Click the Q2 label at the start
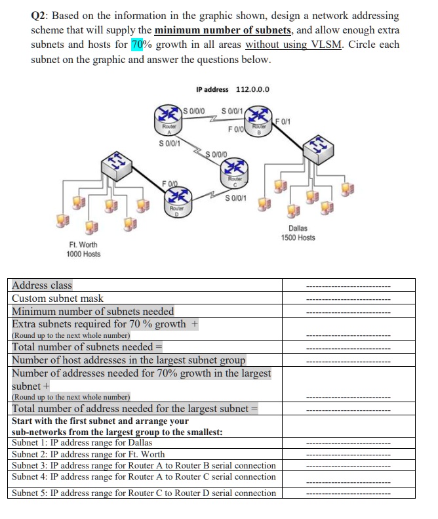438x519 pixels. coord(41,15)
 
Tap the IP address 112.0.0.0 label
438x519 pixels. coord(233,90)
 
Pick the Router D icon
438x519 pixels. coord(174,200)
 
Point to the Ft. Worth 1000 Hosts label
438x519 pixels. coord(83,249)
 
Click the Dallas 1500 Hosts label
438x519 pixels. coord(298,233)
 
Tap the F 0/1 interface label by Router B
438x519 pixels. coord(284,120)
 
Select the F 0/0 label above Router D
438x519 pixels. coord(171,181)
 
